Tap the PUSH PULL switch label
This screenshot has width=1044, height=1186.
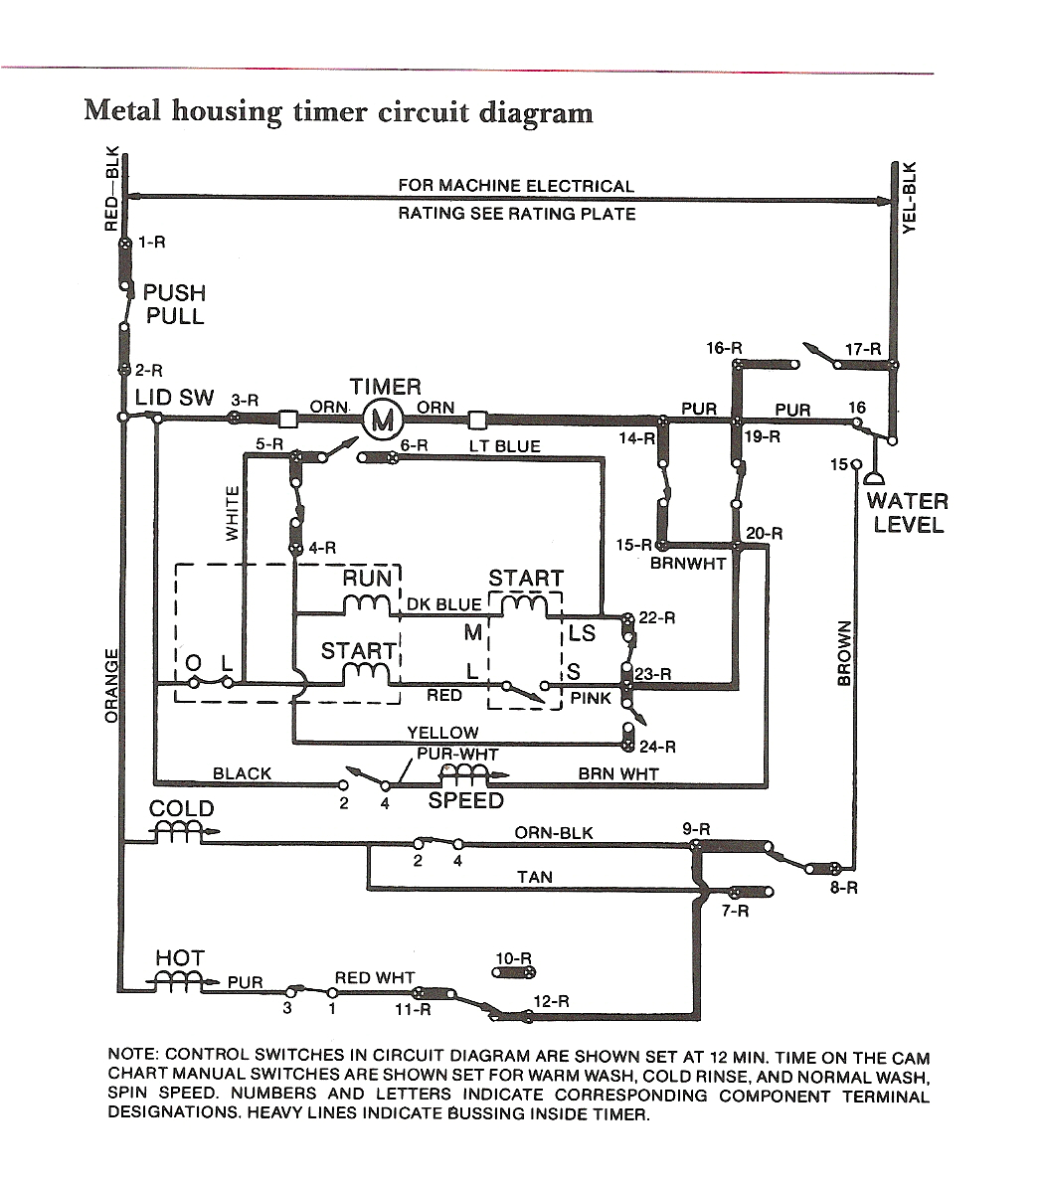(x=174, y=305)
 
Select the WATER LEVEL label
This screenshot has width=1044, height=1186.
(x=907, y=513)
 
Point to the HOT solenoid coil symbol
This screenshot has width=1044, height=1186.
(x=180, y=980)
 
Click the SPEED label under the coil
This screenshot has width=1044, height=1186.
(x=465, y=801)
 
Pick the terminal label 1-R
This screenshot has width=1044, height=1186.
(x=152, y=242)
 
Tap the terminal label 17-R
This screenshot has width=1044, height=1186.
(x=862, y=349)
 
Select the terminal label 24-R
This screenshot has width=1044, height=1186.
(x=657, y=747)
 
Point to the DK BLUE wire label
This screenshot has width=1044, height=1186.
(x=443, y=604)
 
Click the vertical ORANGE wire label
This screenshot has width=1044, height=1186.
(x=111, y=686)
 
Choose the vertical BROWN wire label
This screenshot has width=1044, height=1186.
(x=844, y=653)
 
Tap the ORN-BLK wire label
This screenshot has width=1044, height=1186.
(x=553, y=832)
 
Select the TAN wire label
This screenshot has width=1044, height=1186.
(x=535, y=877)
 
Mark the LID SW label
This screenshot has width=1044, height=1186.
(x=175, y=398)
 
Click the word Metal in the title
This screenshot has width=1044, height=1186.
(x=123, y=110)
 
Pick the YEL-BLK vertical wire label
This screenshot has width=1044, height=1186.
(x=908, y=198)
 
